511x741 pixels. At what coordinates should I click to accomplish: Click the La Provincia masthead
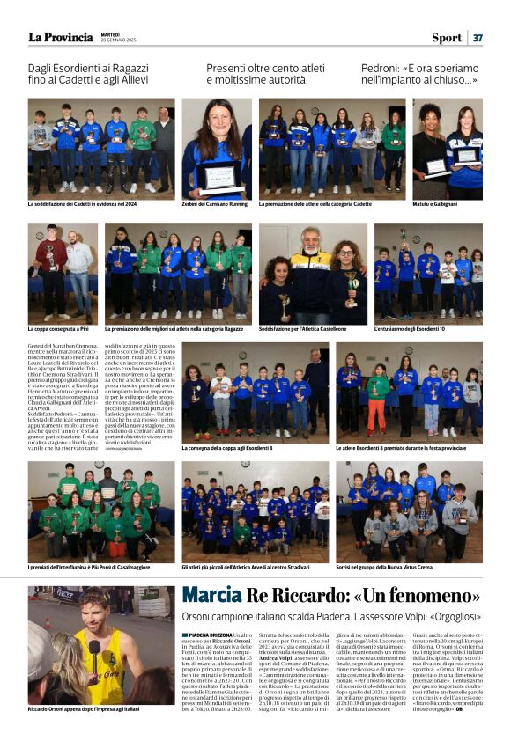pos(60,37)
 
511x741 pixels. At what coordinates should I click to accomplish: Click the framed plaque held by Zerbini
pos(218,177)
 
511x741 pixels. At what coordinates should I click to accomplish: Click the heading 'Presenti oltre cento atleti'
pos(264,67)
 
